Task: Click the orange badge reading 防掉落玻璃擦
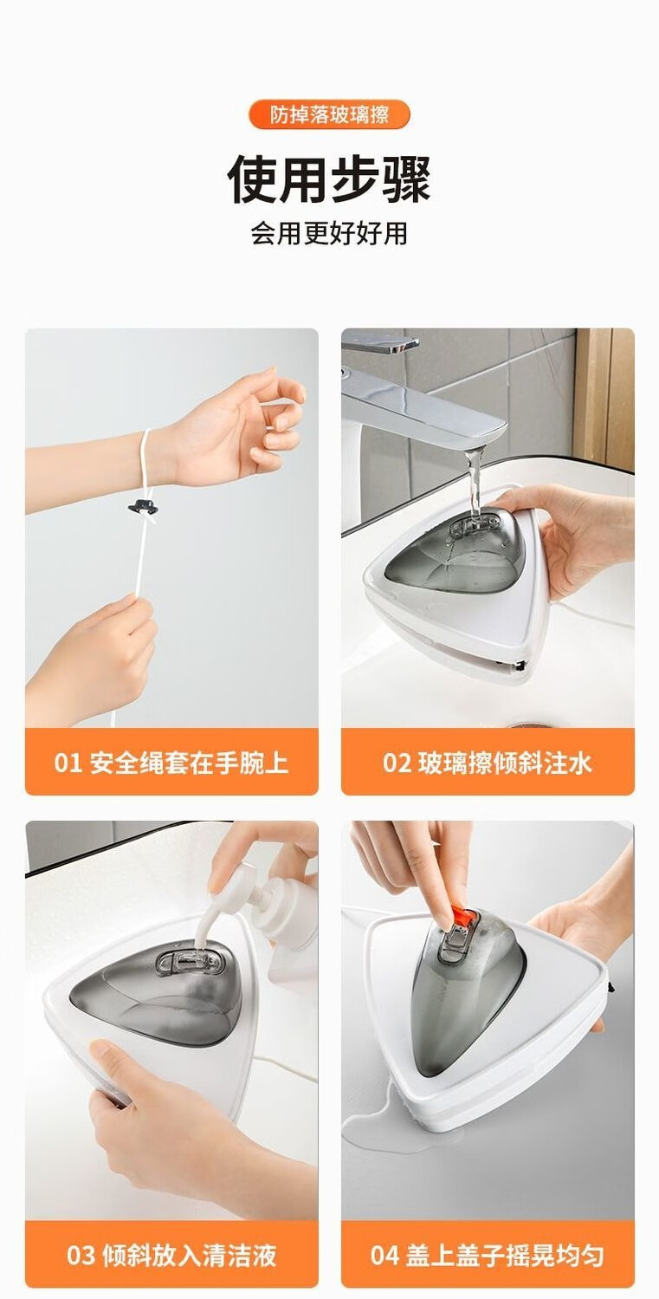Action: [x=329, y=115]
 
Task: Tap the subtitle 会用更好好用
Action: [x=329, y=233]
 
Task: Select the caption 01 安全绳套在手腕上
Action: [x=171, y=762]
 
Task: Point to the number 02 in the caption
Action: [x=397, y=763]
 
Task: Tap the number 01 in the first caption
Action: [x=68, y=763]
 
